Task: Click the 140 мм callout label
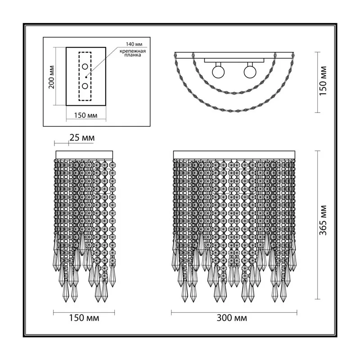point(134,44)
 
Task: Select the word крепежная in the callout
point(132,51)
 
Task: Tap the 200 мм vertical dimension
point(52,77)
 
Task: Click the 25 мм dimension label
point(82,138)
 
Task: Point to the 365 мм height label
point(323,220)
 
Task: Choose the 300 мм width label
point(232,318)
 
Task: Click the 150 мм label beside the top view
point(323,81)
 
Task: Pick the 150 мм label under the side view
point(84,318)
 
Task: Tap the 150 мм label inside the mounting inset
point(85,115)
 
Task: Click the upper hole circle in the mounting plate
point(85,67)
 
